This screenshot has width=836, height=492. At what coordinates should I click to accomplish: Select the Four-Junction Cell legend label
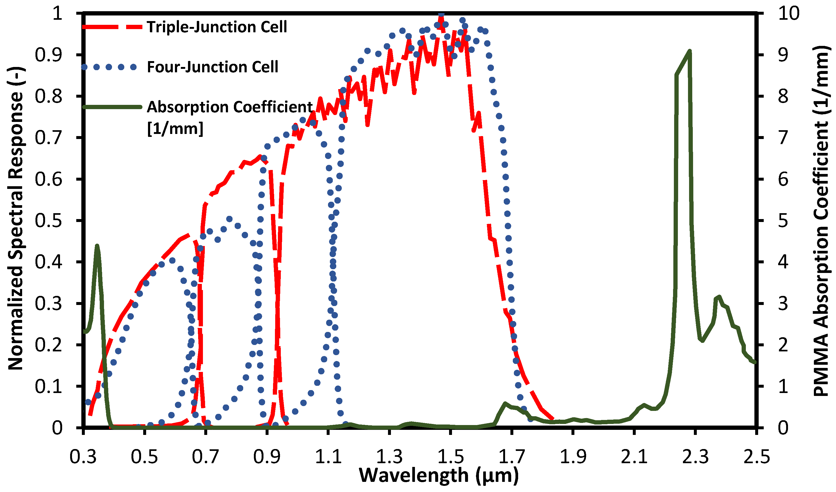212,67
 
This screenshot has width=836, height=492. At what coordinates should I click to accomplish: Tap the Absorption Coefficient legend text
230,107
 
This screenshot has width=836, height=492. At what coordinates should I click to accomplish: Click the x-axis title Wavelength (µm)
439,475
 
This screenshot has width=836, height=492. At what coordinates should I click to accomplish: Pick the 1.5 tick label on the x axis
450,457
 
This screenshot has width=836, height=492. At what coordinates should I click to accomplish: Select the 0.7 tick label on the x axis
205,457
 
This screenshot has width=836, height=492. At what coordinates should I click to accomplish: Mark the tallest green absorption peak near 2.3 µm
690,51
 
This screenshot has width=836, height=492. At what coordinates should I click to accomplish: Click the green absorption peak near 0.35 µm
97,246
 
